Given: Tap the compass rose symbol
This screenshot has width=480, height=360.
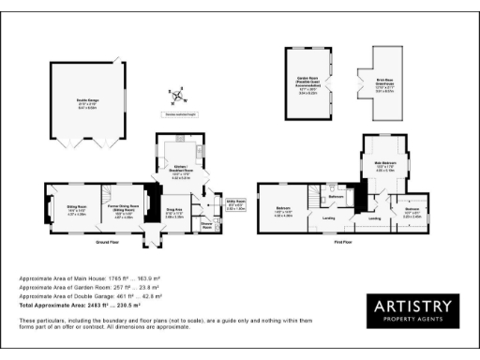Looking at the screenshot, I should [x=176, y=96].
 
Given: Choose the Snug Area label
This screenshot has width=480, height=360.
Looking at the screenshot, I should [x=173, y=212].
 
